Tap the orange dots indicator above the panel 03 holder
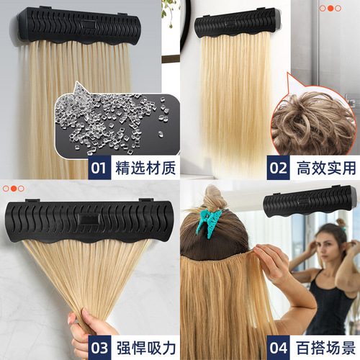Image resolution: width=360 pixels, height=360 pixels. click(x=14, y=188)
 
